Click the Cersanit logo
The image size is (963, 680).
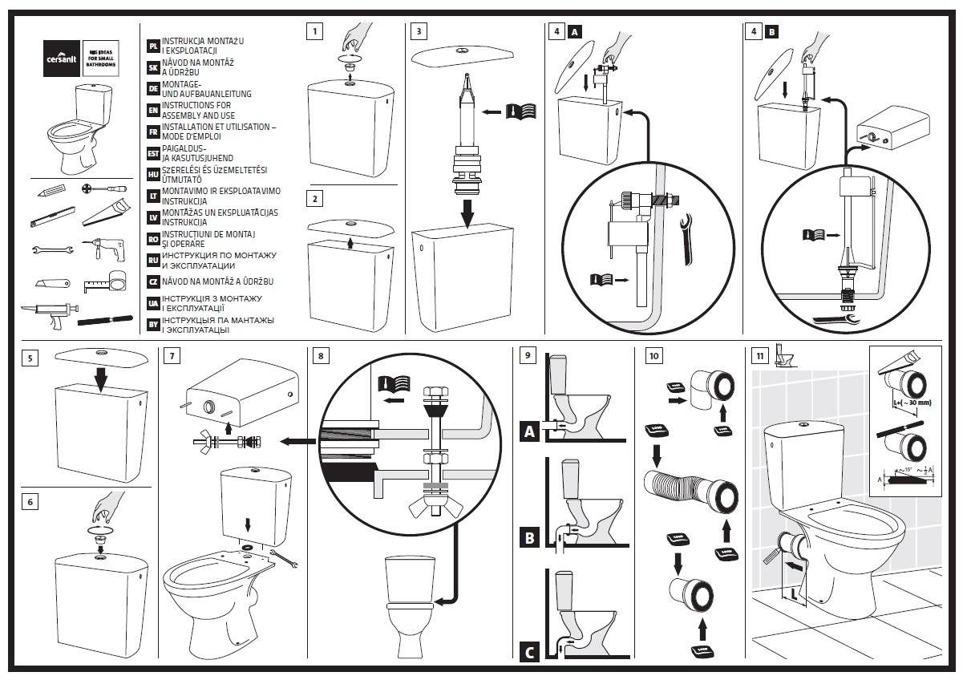(x=61, y=58)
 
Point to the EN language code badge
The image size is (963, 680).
(x=153, y=110)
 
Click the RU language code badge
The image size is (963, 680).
(x=153, y=261)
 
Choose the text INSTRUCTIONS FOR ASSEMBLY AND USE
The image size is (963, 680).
(x=196, y=110)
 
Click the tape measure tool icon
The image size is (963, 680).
(x=108, y=281)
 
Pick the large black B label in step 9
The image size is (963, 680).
(x=528, y=538)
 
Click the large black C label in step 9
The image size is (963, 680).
(x=528, y=653)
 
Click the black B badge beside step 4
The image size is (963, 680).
(x=771, y=32)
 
